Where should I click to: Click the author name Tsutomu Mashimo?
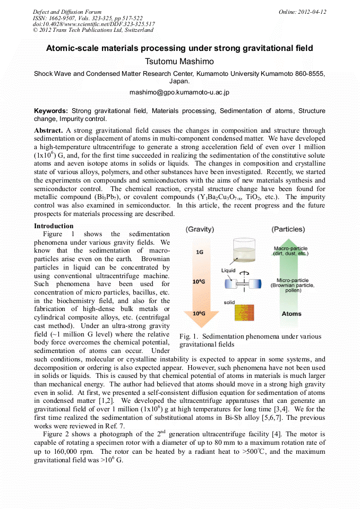[179, 61]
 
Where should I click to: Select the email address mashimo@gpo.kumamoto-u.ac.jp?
[179, 92]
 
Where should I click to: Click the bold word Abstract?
[48, 130]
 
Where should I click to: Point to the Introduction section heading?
[54, 226]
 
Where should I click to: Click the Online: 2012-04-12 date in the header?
[302, 12]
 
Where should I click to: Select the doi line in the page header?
[94, 24]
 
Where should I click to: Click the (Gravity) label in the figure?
[200, 229]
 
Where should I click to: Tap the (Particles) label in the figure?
[288, 229]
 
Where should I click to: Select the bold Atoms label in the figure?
[292, 314]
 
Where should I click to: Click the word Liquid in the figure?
[228, 270]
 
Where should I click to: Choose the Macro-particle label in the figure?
[290, 248]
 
